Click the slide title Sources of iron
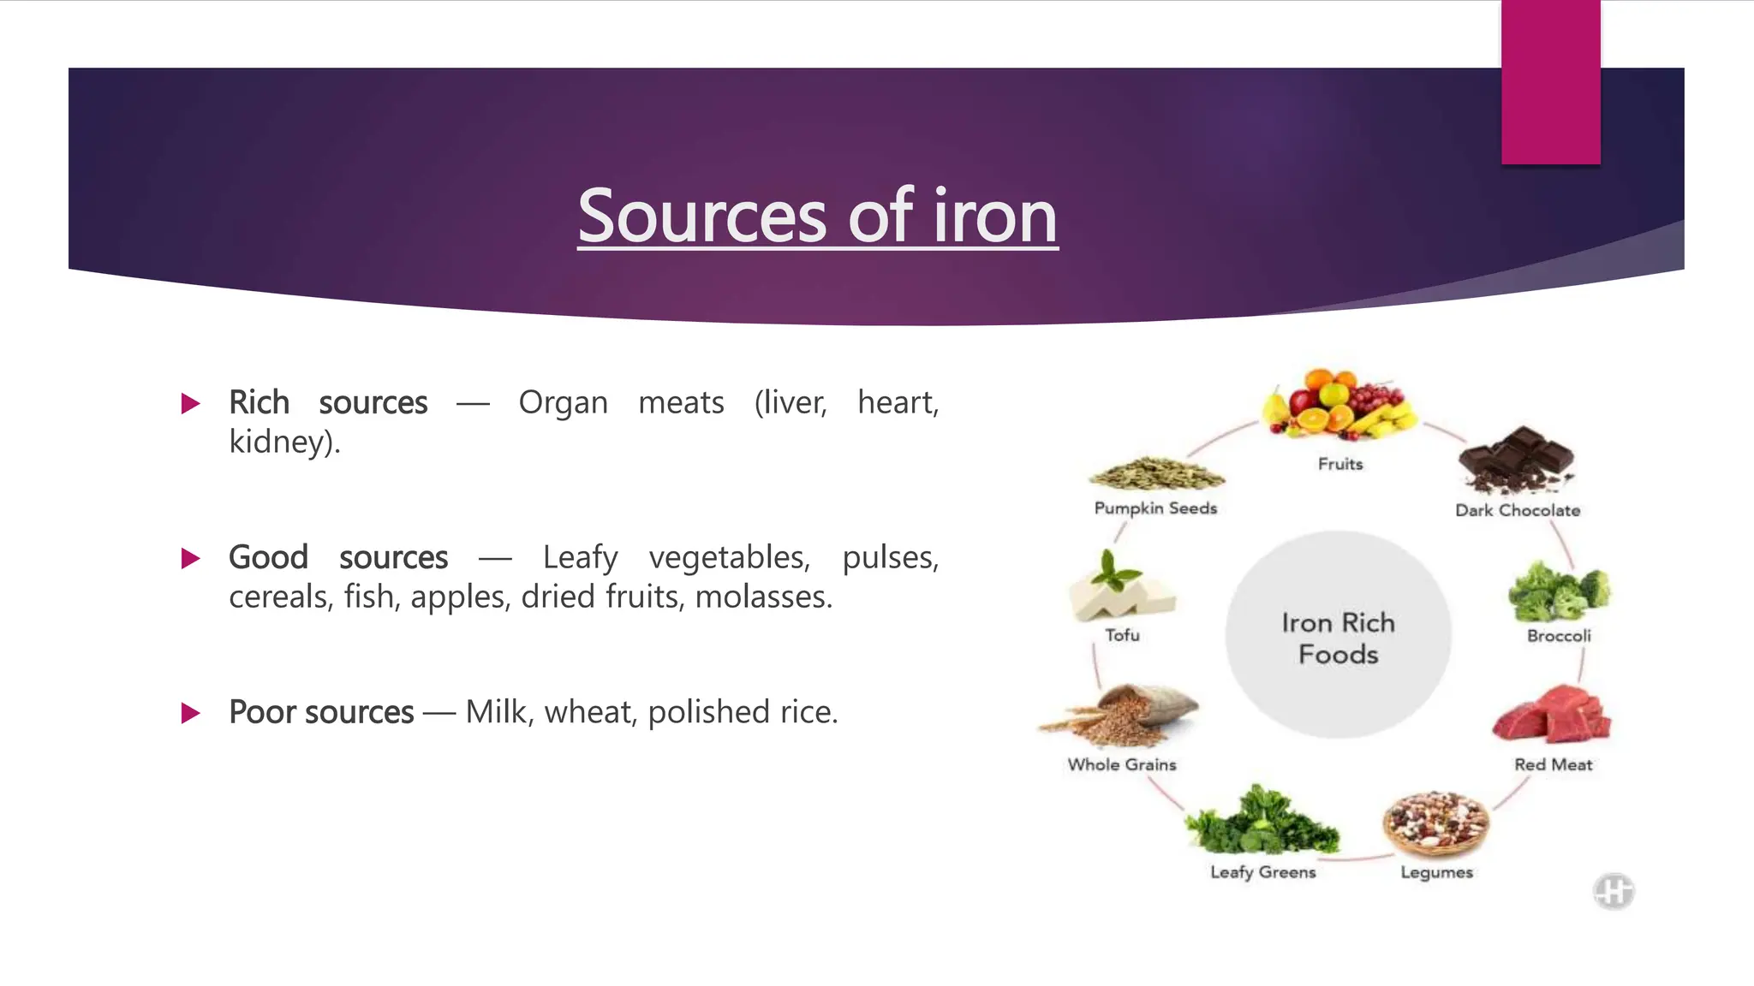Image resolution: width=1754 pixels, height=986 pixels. pos(817,216)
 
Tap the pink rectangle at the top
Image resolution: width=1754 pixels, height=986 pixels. pos(1550,82)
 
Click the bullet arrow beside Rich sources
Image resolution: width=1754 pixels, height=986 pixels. pos(191,403)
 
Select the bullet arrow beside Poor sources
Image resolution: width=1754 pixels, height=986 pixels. pos(191,713)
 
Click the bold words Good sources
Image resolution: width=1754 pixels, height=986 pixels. pos(337,557)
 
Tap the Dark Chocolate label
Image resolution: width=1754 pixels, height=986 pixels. pos(1518,510)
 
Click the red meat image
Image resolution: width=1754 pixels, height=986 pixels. pos(1551,715)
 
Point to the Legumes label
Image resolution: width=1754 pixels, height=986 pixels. pos(1436,872)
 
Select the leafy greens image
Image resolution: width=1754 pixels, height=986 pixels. pos(1261,822)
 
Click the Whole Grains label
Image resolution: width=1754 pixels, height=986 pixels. pos(1121,764)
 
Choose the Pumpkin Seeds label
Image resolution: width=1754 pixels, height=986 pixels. pos(1155,508)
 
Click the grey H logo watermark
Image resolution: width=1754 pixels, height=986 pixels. pos(1614,891)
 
